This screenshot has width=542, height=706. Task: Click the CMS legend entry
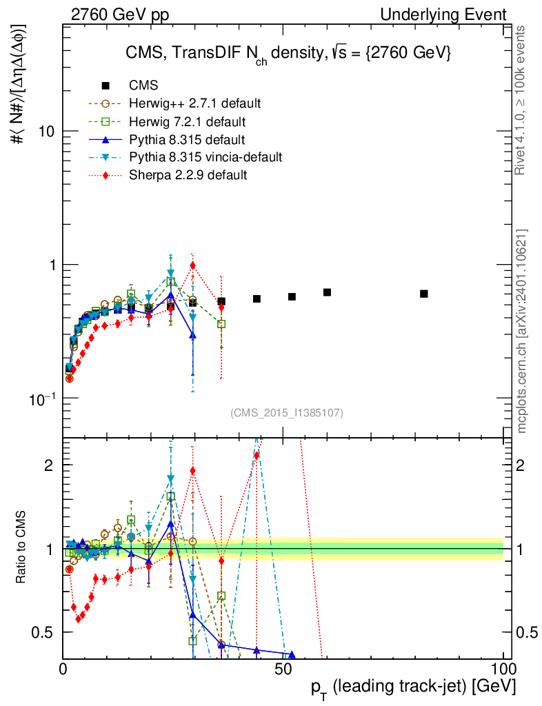click(143, 85)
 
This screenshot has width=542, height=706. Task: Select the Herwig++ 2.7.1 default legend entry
click(194, 103)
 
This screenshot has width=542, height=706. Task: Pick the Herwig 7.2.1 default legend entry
click(187, 121)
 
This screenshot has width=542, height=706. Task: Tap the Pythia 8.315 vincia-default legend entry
click(205, 157)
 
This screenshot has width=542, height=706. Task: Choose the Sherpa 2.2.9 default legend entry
click(188, 175)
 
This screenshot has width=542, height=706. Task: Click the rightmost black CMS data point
click(423, 294)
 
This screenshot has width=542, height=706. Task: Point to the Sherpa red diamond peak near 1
click(193, 265)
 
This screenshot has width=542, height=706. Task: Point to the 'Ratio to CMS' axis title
click(23, 549)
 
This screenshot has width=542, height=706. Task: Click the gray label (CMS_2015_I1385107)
click(286, 412)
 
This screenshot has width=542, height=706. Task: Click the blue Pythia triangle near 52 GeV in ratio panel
click(292, 655)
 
